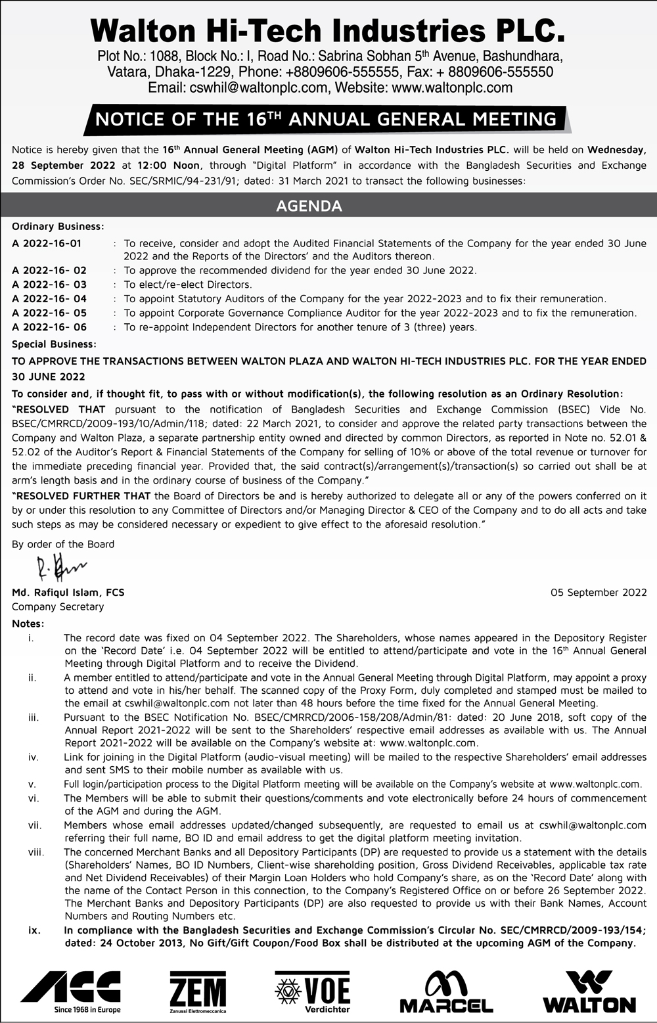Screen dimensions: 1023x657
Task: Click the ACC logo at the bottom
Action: click(71, 991)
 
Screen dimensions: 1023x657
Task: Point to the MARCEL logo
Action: click(447, 992)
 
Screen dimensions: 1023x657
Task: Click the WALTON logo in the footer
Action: click(589, 992)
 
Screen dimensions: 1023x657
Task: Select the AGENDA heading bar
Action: click(309, 206)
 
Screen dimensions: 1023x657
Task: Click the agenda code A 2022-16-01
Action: click(47, 243)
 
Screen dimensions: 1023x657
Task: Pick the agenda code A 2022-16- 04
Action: click(49, 299)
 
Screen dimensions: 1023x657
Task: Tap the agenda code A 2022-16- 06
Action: click(49, 327)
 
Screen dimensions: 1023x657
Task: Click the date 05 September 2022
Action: click(599, 593)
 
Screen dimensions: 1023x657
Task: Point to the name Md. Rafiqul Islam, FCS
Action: click(68, 593)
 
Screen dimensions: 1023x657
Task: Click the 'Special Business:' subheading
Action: click(54, 344)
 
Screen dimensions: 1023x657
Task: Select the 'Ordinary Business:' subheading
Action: click(58, 227)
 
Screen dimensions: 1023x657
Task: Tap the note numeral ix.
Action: click(34, 930)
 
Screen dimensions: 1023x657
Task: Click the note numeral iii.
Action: click(34, 717)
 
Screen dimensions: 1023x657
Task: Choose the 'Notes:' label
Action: click(28, 624)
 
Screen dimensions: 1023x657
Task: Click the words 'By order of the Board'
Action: click(63, 544)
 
